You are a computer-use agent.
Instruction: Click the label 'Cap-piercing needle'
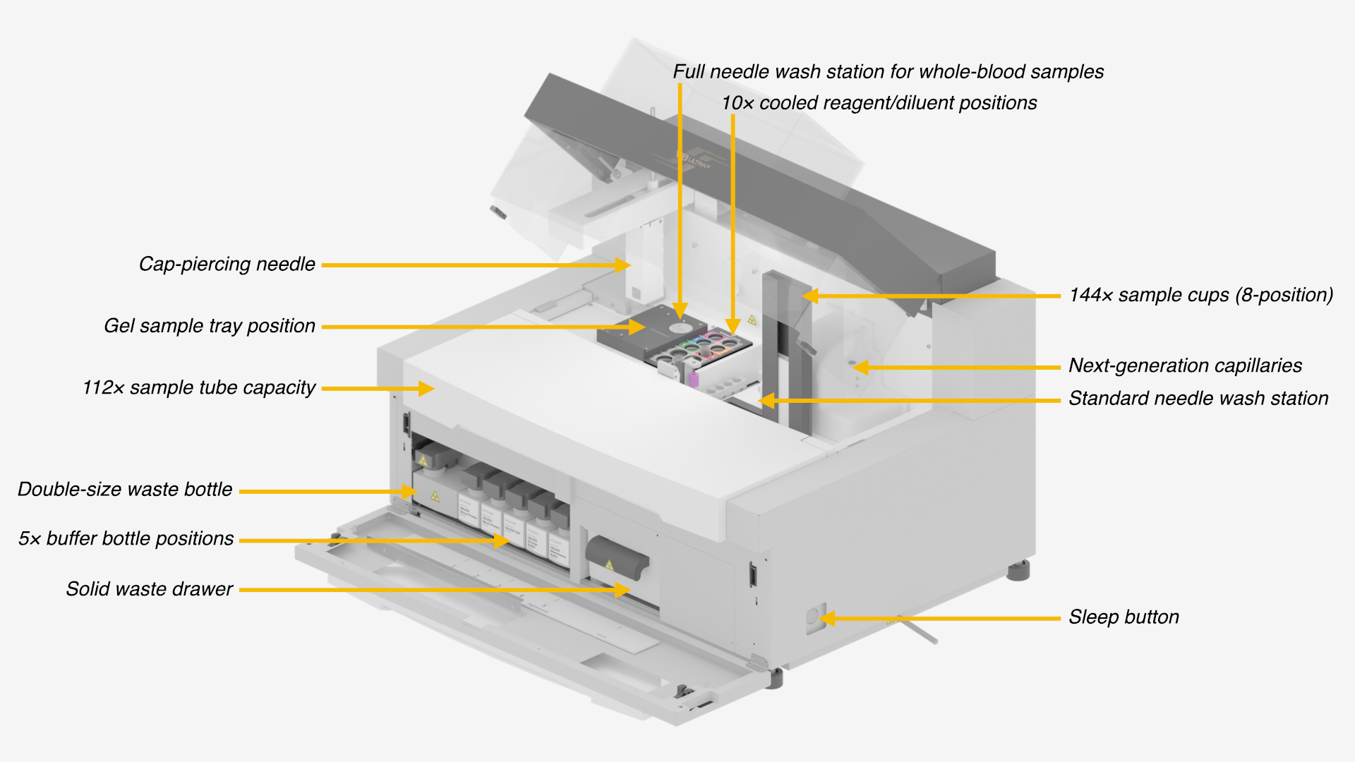(227, 265)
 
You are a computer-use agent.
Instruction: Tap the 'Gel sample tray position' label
(209, 326)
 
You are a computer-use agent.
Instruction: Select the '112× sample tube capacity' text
(198, 388)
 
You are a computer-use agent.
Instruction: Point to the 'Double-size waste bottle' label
(125, 490)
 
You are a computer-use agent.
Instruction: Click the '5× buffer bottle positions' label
(126, 539)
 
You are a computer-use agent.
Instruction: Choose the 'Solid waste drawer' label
(149, 589)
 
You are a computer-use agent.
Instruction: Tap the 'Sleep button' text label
(1124, 617)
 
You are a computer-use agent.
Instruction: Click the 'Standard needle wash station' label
(1198, 399)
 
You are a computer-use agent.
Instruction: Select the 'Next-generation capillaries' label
(1185, 365)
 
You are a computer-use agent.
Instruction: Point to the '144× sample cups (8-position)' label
(1200, 295)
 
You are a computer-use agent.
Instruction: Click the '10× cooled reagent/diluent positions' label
(879, 103)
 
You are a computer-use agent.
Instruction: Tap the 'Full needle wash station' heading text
(888, 72)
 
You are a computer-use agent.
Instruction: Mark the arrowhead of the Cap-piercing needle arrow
(622, 265)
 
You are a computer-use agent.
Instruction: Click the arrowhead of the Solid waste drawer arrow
(622, 590)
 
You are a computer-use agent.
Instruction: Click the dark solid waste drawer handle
(617, 556)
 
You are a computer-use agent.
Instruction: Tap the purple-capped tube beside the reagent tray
(694, 380)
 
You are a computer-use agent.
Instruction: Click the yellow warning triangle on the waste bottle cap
(423, 460)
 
